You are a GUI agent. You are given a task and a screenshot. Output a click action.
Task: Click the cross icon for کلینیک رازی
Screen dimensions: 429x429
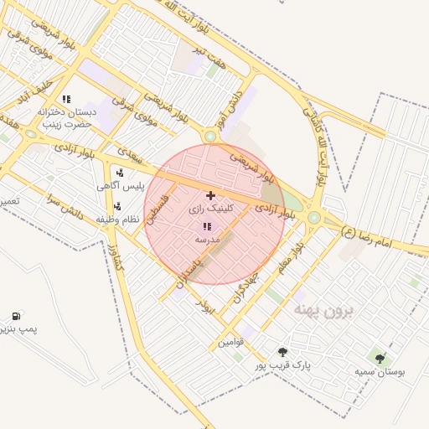coord(209,195)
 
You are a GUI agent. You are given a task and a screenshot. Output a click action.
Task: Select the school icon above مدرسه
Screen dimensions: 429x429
coord(207,226)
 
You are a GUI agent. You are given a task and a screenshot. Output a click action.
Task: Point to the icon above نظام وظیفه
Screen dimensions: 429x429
coord(117,206)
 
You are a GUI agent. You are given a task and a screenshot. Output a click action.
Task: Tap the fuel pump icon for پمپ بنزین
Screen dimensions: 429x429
coord(16,316)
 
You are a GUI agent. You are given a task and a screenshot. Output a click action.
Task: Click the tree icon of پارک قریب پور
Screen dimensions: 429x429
coord(282,353)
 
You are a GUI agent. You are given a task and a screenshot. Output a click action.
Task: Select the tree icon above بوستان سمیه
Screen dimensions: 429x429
coord(380,359)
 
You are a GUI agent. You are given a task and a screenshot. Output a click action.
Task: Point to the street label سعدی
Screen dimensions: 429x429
coord(131,157)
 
